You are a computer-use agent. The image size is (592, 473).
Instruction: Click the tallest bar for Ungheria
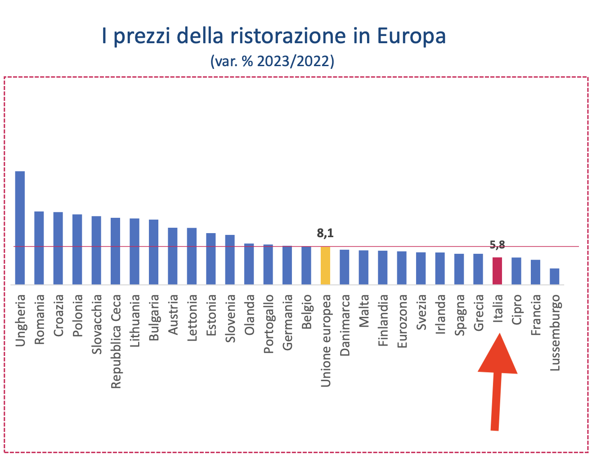point(20,228)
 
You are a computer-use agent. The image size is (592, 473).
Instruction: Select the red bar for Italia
point(497,271)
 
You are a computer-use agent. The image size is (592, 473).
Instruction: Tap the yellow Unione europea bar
point(325,266)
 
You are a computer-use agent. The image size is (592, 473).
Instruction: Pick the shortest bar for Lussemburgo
point(555,276)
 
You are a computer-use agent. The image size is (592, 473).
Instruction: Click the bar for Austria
point(173,256)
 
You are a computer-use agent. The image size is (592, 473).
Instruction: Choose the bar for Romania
point(39,248)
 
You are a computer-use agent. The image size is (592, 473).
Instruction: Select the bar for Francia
point(535,272)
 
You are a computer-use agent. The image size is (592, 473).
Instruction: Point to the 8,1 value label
point(325,233)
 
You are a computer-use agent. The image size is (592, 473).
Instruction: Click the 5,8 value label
point(497,245)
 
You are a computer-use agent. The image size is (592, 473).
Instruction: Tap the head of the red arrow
point(498,356)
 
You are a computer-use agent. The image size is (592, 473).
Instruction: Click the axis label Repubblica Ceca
point(116,341)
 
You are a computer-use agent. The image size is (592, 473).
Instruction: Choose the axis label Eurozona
point(402,320)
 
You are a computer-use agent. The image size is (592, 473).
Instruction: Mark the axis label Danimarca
point(345,324)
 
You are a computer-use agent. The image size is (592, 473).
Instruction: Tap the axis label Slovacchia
point(97,324)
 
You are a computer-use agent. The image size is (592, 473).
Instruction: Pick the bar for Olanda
point(249,264)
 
